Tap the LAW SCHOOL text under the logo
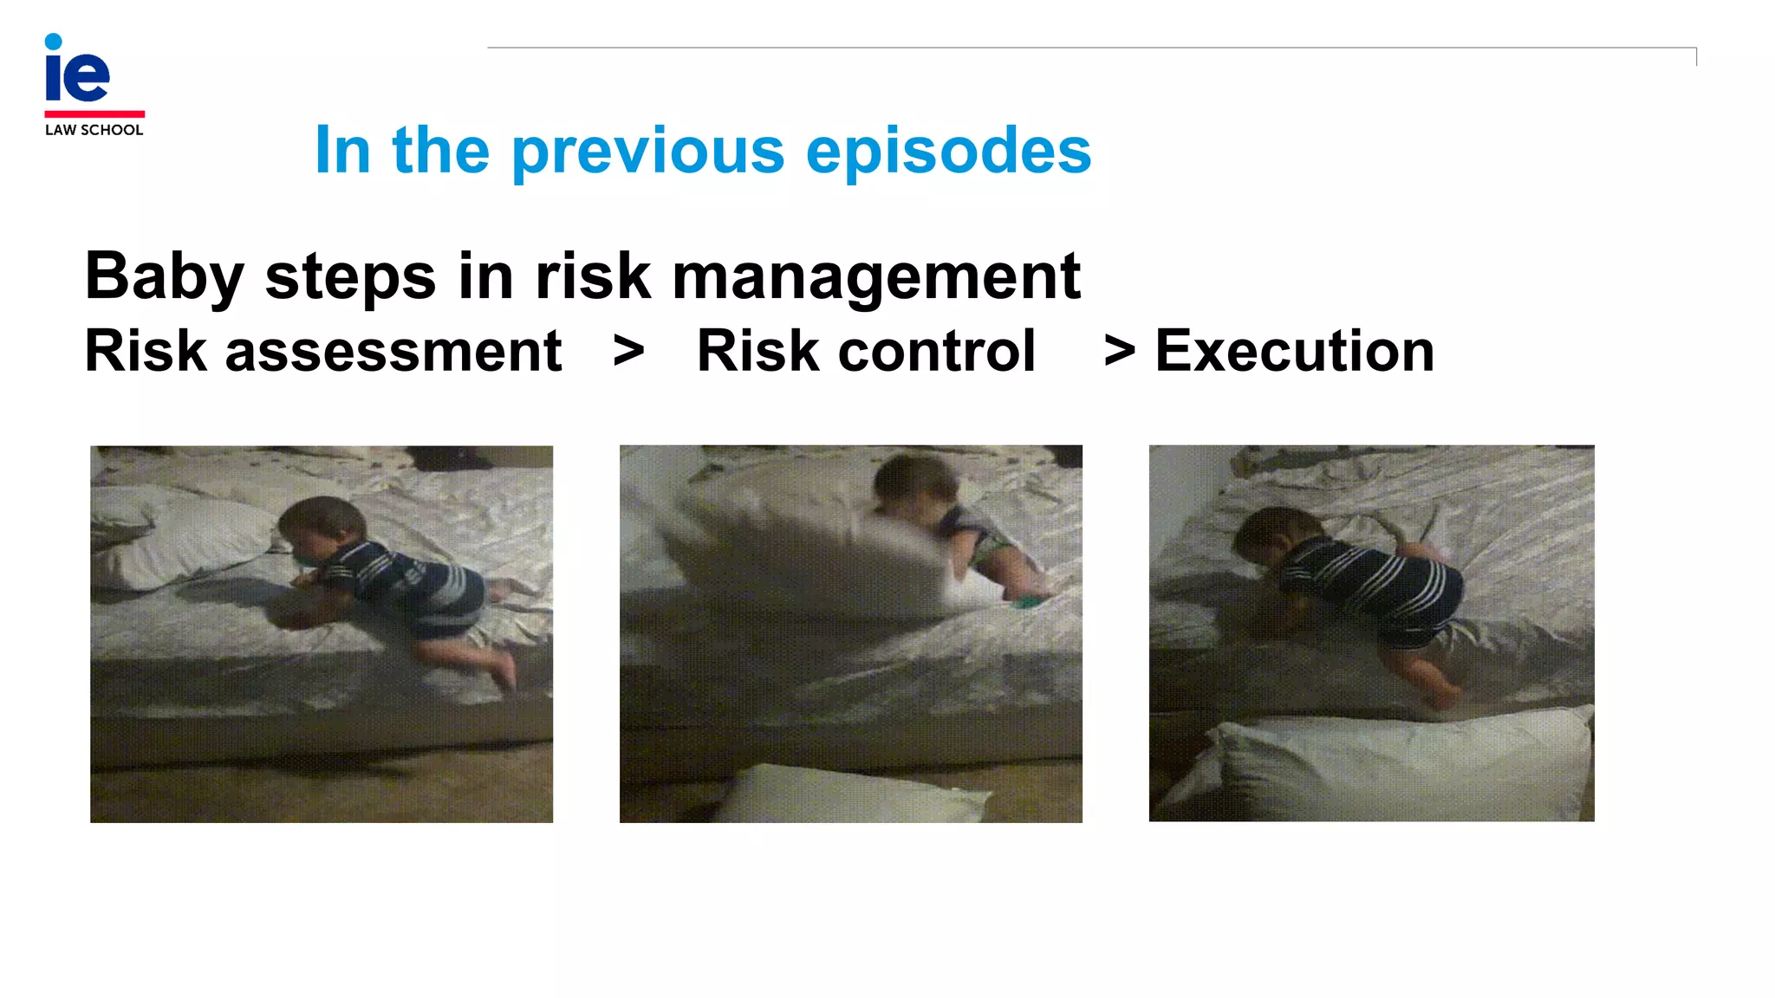click(94, 130)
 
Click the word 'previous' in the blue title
click(648, 152)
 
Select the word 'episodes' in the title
click(948, 152)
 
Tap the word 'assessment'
click(393, 352)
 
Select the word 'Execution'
click(1295, 352)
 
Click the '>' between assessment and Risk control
click(628, 352)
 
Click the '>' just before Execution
click(1119, 352)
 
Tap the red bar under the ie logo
click(94, 113)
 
